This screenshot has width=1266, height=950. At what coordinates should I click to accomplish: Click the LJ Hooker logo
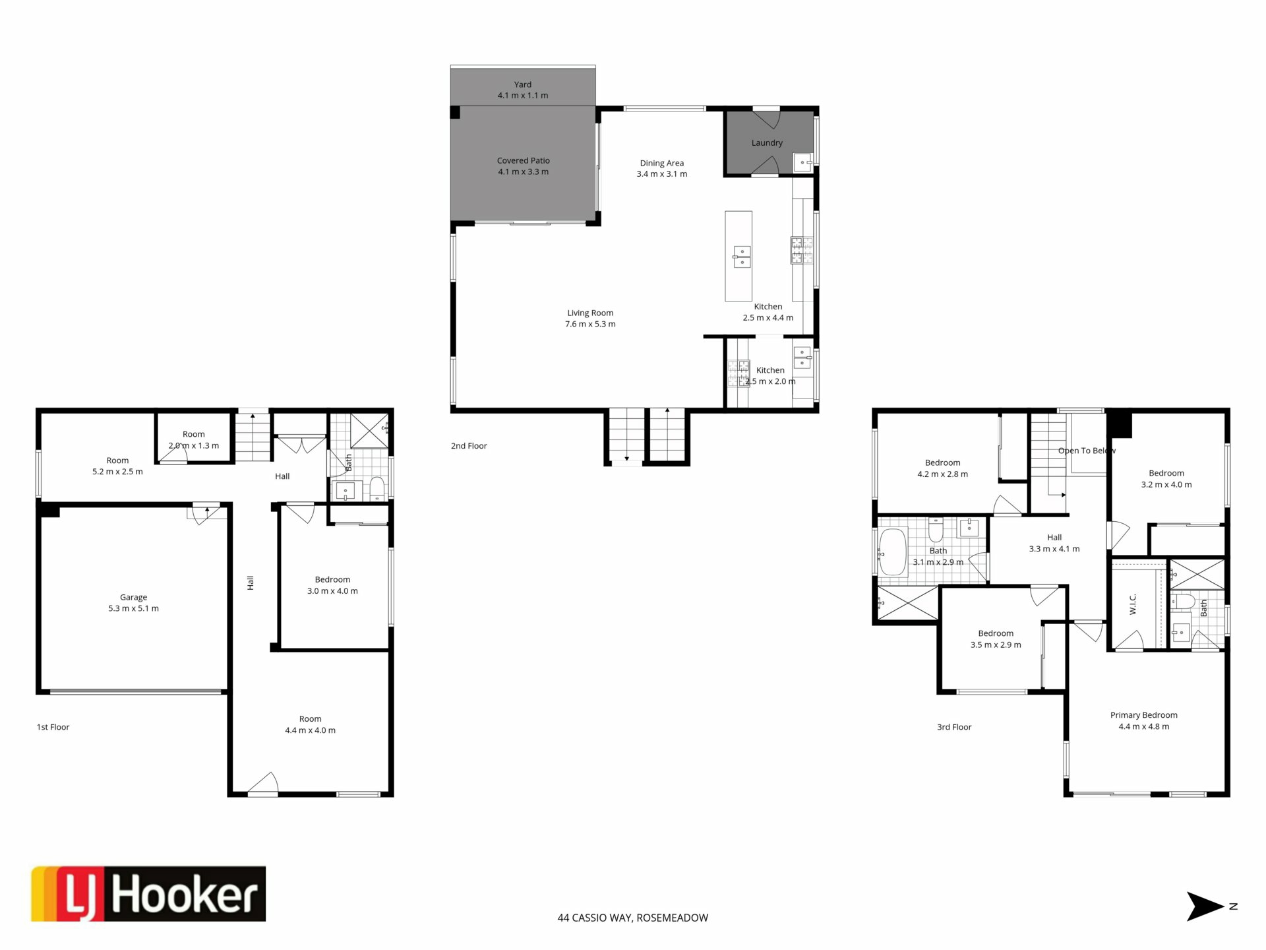coord(148,893)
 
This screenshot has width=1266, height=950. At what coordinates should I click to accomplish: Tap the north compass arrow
coord(1206,906)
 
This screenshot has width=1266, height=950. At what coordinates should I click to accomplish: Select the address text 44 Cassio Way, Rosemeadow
coord(633,918)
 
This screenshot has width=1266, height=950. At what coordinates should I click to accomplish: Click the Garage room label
coord(133,597)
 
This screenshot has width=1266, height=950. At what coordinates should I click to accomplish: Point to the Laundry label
coord(767,142)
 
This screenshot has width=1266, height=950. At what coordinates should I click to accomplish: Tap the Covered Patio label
coord(523,160)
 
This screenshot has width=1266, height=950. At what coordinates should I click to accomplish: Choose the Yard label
coord(523,84)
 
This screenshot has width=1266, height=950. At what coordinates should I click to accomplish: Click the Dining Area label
coord(661,163)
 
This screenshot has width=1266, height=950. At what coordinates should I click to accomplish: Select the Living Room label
coord(590,313)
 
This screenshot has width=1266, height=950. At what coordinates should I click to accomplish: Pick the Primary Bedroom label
coord(1143,715)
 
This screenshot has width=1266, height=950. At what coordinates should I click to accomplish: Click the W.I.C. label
coord(1133,604)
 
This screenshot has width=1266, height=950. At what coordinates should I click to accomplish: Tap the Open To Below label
coord(1087,451)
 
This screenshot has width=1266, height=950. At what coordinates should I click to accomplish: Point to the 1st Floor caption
coord(53,727)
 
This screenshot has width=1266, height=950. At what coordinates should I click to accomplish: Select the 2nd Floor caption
coord(469,446)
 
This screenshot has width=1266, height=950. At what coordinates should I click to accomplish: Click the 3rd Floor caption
coord(954,727)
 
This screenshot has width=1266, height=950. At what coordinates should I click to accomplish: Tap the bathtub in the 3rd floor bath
coord(893,552)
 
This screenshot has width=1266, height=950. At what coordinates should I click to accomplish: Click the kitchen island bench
coord(738,256)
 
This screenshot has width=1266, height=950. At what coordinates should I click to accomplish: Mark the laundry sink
coord(802,162)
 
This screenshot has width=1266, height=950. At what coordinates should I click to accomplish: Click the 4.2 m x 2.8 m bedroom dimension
coord(943,474)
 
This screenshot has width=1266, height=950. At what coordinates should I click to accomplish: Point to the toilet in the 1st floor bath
coord(377,489)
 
